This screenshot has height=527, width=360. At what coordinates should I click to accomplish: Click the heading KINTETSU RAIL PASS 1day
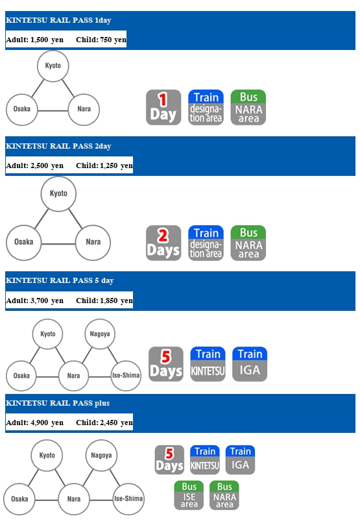[x=58, y=20]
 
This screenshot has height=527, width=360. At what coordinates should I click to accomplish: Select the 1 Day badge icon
[x=163, y=107]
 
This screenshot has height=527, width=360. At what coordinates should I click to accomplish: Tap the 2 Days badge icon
[x=163, y=243]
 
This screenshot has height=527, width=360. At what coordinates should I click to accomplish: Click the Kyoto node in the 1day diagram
[x=53, y=66]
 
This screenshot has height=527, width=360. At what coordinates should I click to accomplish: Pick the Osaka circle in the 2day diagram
[x=24, y=242]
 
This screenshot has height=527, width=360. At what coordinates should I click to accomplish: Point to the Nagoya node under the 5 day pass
[x=100, y=334]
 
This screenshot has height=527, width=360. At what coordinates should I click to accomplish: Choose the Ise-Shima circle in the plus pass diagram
[x=128, y=498]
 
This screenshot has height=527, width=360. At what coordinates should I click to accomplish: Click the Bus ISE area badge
[x=189, y=495]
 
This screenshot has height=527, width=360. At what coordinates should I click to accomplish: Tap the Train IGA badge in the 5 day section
[x=250, y=364]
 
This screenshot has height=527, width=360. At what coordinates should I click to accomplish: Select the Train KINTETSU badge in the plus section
[x=205, y=460]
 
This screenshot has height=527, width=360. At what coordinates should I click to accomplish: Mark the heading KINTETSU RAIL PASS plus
[x=58, y=403]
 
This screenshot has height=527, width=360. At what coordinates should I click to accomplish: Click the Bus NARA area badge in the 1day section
[x=248, y=107]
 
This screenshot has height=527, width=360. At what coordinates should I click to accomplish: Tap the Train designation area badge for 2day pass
[x=206, y=243]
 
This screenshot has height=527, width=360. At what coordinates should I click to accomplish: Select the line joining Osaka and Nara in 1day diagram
[x=53, y=110]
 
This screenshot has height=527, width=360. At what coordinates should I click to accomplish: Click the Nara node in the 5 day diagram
[x=73, y=376]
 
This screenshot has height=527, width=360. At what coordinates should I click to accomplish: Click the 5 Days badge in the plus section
[x=169, y=460]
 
